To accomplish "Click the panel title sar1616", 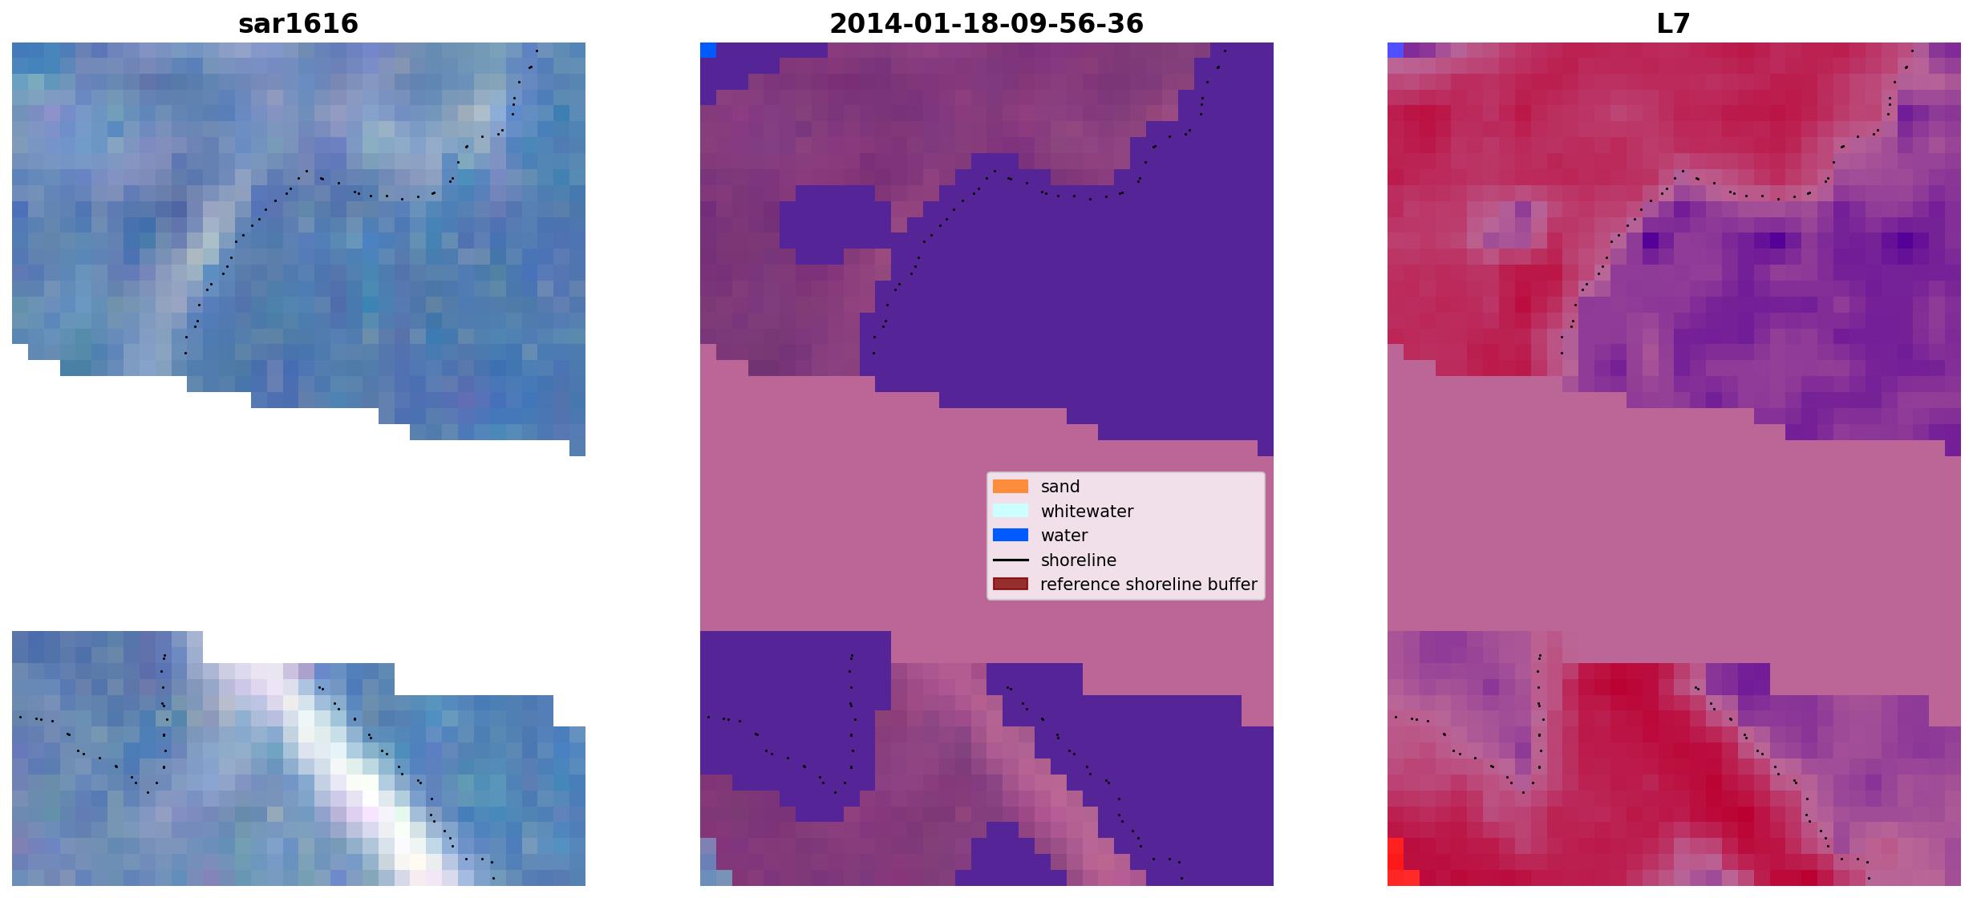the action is tap(298, 23).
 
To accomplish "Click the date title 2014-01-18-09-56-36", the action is tap(986, 23).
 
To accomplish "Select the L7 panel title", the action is tap(1674, 23).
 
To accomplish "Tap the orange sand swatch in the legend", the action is tap(1011, 487).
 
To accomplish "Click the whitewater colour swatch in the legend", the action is tap(1011, 511).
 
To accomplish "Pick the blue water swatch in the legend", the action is tap(1011, 535).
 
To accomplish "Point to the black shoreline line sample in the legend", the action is tap(1011, 560).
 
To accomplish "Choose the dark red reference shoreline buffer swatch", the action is tap(1011, 584).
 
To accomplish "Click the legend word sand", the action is tap(1060, 487).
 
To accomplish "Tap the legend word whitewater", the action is tap(1087, 512).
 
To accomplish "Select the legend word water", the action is tap(1064, 536).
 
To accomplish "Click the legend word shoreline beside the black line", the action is tap(1079, 560).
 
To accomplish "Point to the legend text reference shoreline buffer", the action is tap(1149, 585).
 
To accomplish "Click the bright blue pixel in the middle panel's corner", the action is tap(708, 51).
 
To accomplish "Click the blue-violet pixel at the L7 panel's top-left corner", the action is tap(1396, 51).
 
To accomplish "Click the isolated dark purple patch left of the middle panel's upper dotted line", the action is tap(834, 224).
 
